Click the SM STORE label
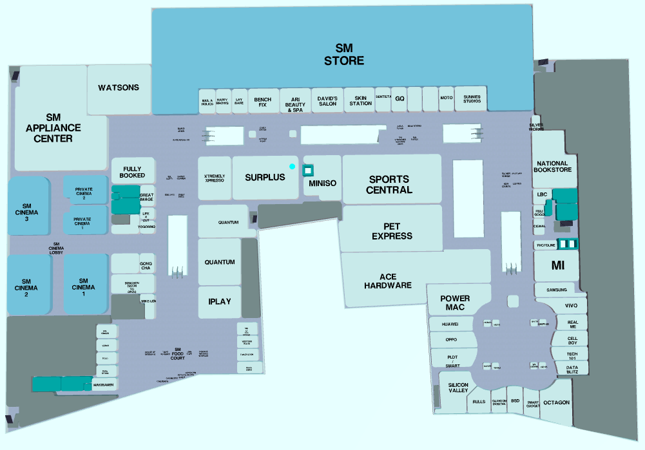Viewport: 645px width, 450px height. pos(343,54)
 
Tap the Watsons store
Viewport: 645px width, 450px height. pos(119,88)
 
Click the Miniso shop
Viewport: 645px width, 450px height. pos(323,183)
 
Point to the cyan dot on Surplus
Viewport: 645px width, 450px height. pos(293,167)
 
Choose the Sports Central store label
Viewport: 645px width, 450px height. pos(389,185)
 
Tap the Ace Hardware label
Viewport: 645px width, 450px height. pos(387,281)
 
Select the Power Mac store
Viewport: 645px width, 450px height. pos(455,303)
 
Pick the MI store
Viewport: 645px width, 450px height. pos(557,265)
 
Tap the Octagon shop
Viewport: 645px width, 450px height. pos(556,403)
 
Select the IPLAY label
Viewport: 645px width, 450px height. pos(219,301)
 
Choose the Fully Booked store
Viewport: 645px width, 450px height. pos(132,171)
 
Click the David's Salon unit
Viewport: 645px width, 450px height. pos(328,100)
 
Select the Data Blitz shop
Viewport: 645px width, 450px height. pos(572,370)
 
